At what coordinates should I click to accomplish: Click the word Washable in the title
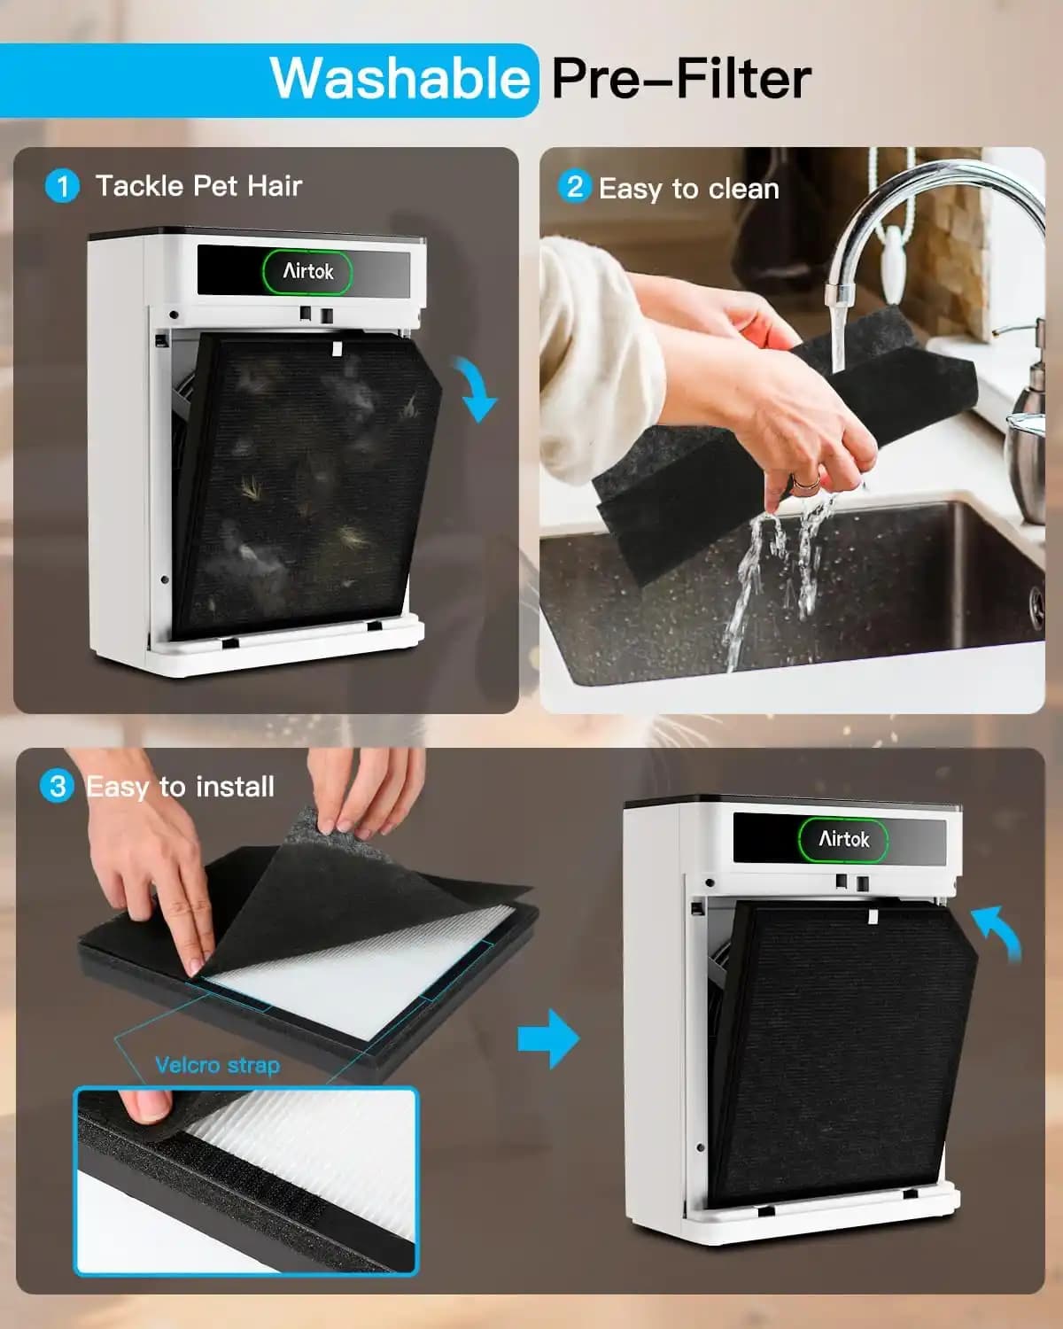(400, 79)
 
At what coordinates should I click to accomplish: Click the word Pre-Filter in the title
(681, 79)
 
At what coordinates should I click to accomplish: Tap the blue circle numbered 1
(62, 186)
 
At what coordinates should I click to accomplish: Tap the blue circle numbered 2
(574, 187)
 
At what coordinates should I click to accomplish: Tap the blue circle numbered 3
(57, 786)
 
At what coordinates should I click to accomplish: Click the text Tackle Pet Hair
(199, 186)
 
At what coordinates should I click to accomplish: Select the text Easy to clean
(688, 189)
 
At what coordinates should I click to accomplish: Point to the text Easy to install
(181, 787)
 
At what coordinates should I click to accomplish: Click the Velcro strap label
(217, 1065)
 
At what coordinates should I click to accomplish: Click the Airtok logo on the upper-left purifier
(307, 271)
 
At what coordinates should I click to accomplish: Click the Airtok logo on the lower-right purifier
(843, 838)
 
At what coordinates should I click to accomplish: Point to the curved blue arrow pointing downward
(477, 388)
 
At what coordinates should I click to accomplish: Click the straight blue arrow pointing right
(548, 1038)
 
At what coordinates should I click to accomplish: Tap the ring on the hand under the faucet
(807, 482)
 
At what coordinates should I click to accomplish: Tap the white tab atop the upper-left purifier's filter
(337, 349)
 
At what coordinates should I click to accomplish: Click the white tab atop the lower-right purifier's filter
(873, 916)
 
